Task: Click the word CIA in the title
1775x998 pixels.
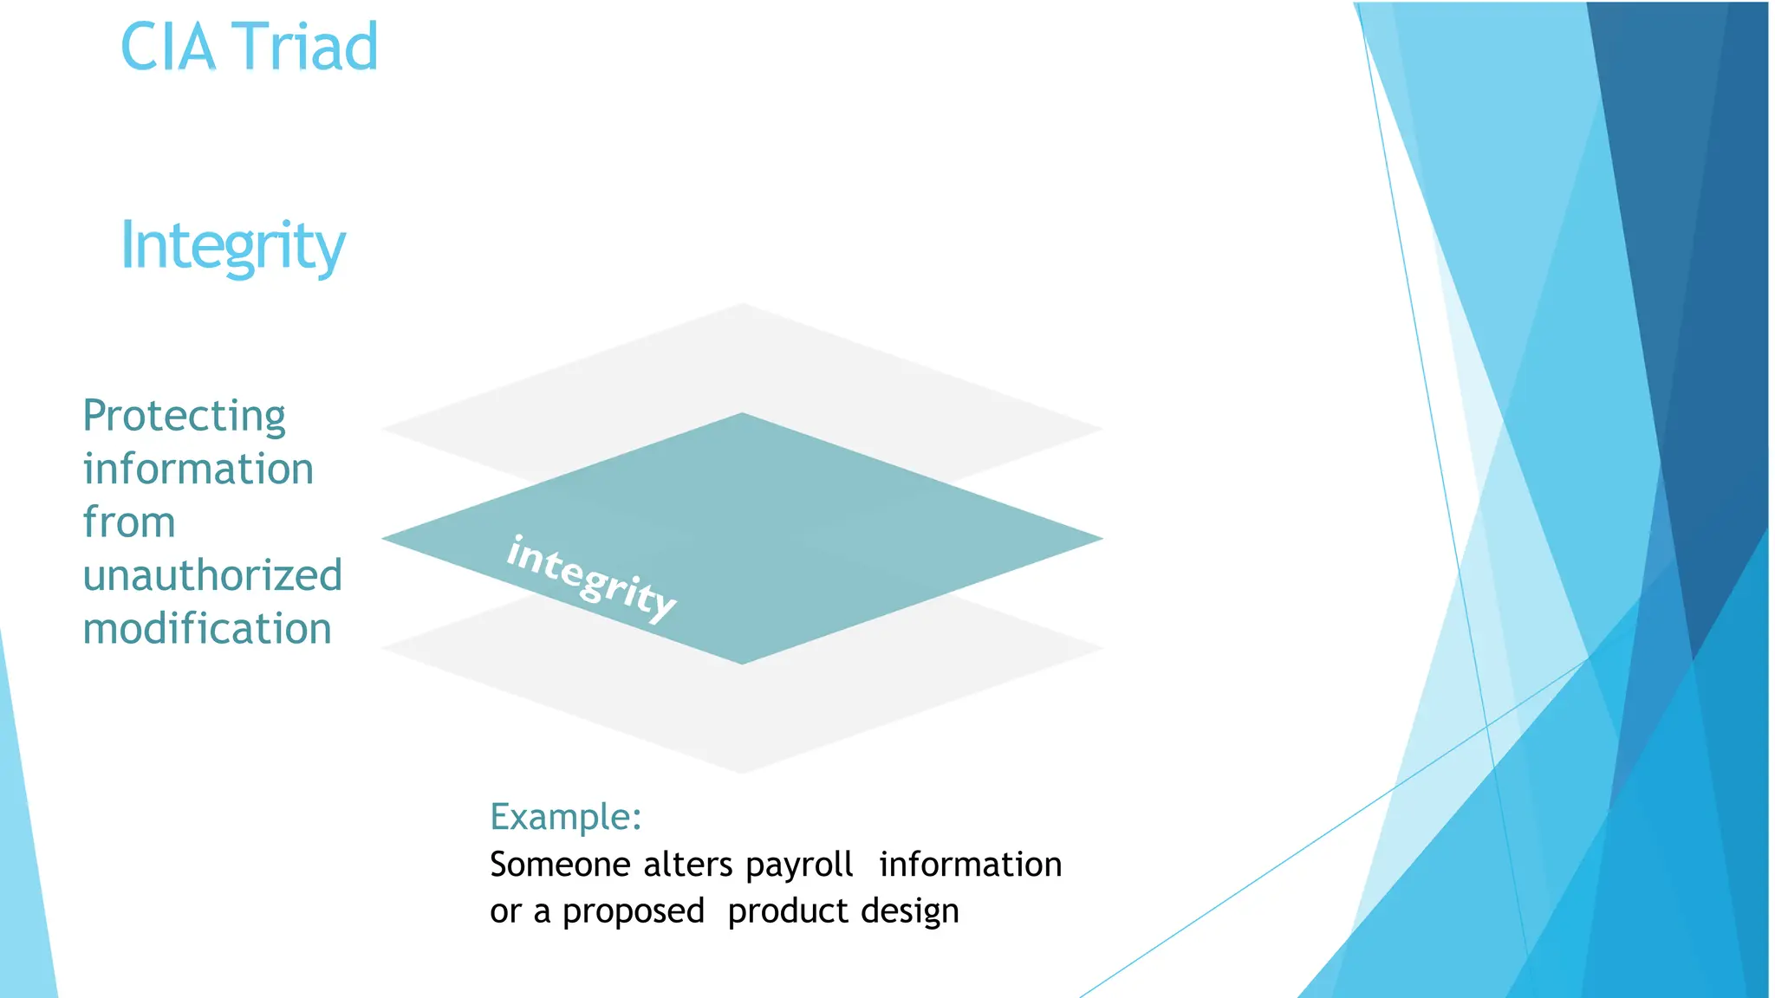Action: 167,47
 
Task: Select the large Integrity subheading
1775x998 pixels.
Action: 232,246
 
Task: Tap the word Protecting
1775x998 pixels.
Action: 184,416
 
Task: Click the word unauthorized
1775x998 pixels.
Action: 212,575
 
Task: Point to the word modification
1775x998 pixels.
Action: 207,629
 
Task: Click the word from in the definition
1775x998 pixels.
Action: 129,522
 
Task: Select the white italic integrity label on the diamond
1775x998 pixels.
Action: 591,578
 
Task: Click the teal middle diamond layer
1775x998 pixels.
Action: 780,520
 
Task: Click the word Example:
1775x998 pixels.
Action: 565,817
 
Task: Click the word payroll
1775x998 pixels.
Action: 799,865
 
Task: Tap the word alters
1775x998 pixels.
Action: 688,865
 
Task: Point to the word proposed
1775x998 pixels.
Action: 633,911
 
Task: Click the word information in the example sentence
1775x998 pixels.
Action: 970,865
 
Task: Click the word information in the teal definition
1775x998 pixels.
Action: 198,470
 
